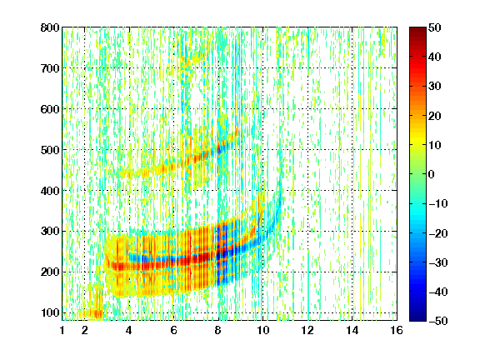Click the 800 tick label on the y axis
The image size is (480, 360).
50,27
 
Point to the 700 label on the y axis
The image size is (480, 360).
50,68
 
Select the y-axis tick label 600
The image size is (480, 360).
50,109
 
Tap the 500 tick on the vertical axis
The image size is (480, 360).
50,150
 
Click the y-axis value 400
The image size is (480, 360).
50,191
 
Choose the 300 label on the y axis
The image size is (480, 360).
50,231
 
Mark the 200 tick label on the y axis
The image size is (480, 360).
50,272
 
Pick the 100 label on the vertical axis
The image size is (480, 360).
50,312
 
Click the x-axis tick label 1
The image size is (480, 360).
62,330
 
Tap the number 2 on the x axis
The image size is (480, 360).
85,330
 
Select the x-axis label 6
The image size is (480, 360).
173,330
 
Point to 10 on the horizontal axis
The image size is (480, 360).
262,330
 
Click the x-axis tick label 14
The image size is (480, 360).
352,330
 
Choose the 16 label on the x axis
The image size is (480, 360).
397,330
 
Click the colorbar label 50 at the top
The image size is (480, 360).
435,27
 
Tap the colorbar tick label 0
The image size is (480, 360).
432,174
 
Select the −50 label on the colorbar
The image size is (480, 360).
438,321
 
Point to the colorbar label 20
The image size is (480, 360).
435,116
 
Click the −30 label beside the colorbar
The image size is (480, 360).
438,262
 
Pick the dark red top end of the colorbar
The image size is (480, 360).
417,29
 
